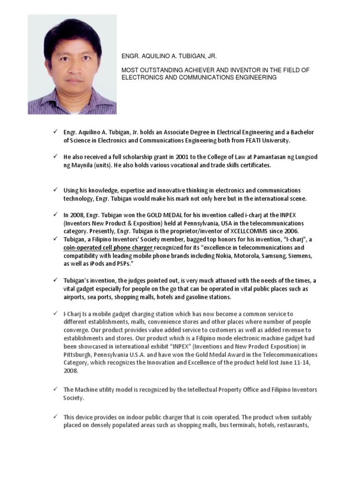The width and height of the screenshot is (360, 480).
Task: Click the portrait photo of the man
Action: click(72, 65)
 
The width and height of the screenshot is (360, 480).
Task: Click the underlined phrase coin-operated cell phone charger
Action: click(109, 247)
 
